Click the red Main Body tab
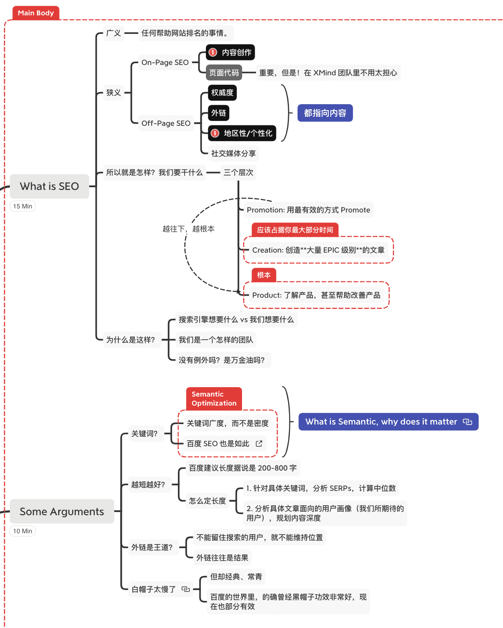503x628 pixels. (36, 13)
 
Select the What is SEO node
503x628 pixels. (49, 186)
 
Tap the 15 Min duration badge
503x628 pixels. (23, 206)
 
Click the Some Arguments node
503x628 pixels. (62, 512)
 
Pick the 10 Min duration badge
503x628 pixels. (23, 531)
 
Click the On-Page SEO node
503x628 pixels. (165, 62)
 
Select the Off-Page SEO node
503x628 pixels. (166, 123)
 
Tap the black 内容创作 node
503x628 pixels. (231, 52)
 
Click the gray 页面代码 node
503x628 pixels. (224, 73)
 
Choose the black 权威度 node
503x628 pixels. (222, 92)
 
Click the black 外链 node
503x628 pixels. (219, 113)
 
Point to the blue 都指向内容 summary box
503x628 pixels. (325, 113)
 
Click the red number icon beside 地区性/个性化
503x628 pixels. (215, 133)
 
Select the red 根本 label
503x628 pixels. (264, 275)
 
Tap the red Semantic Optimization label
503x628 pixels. (214, 399)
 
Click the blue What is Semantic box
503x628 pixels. (388, 422)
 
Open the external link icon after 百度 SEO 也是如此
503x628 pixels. (259, 443)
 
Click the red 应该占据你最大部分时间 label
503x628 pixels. (295, 230)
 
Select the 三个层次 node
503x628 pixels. (238, 172)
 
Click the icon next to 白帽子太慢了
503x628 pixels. (186, 589)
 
